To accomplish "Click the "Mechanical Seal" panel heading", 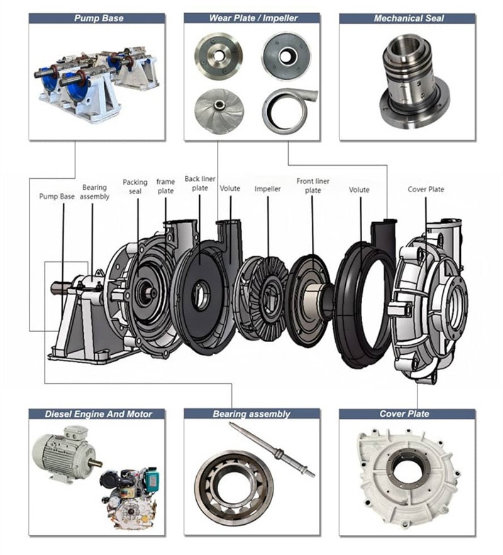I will tap(408, 18).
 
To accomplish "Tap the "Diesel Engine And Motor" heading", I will tap(98, 414).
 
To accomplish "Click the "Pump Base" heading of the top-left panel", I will tap(99, 18).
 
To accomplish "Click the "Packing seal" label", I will tap(135, 186).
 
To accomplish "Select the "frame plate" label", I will tap(165, 186).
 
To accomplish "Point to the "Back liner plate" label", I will tap(200, 183).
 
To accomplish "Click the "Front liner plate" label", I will tap(312, 186).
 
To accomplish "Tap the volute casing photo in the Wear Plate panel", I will tap(287, 110).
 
